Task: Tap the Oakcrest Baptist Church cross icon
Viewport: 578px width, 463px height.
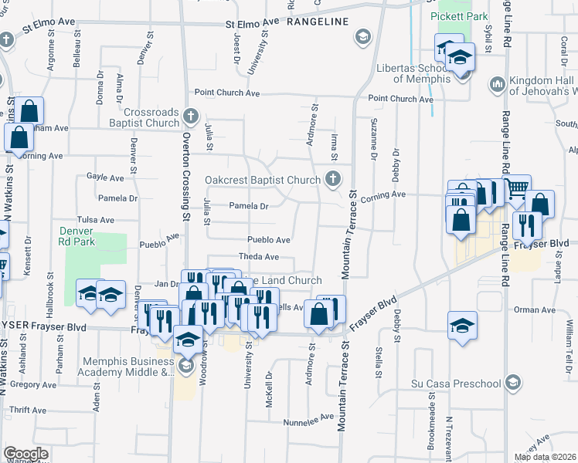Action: coord(333,178)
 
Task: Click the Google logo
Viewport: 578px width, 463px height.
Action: coord(25,454)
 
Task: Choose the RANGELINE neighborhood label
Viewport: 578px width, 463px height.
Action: coord(318,23)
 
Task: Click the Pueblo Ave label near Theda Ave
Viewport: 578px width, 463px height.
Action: coord(268,240)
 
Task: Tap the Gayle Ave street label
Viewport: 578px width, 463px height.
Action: coord(105,177)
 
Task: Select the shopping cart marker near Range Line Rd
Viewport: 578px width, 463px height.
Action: coord(516,188)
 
